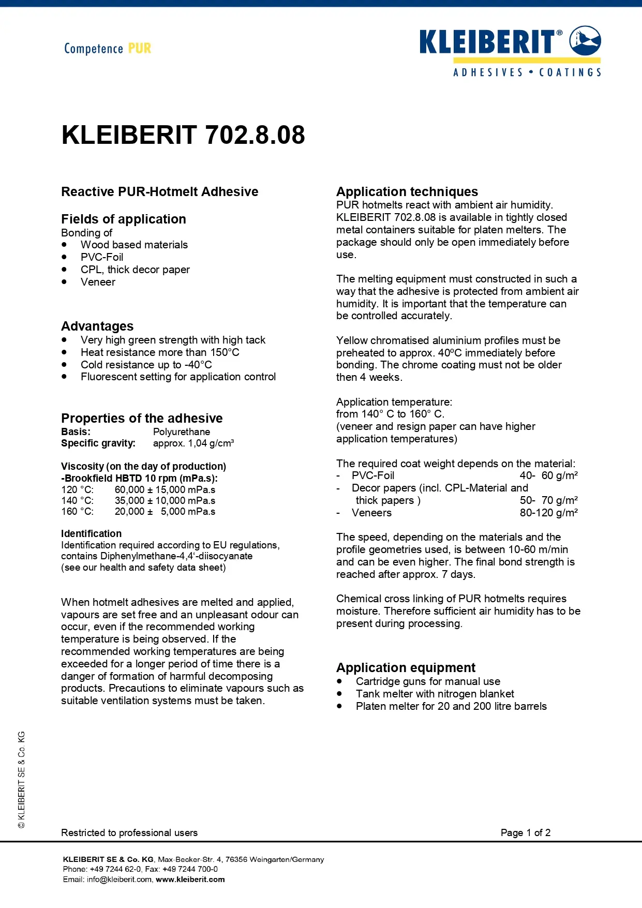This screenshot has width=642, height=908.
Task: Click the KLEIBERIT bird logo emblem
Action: (585, 40)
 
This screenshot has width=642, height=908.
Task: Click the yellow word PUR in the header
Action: (140, 49)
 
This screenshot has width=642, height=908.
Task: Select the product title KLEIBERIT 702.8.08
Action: (183, 135)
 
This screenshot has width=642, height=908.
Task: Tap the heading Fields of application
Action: (124, 219)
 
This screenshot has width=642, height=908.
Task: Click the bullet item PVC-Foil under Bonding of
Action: (102, 257)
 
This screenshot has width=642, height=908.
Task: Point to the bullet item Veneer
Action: (98, 282)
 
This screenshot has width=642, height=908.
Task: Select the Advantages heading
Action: (97, 326)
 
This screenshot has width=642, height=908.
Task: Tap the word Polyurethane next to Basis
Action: (182, 431)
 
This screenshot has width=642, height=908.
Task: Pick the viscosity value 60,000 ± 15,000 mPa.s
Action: (165, 489)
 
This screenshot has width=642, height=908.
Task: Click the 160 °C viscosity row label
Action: (77, 512)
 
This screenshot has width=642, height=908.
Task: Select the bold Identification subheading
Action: (92, 533)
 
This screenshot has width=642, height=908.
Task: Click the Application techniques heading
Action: (407, 191)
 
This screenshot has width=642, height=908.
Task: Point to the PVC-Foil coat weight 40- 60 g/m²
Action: (548, 475)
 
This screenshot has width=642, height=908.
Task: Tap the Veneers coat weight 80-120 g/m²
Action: (548, 513)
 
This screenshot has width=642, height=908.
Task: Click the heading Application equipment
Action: (406, 667)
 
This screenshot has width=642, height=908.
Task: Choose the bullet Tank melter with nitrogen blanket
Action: (435, 694)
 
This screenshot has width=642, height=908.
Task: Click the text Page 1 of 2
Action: (525, 832)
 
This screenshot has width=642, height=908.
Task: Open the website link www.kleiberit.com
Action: (190, 880)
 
